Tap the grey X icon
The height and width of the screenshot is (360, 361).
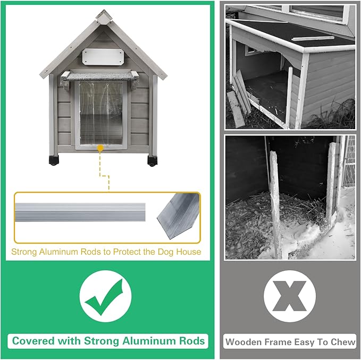pos(290,296)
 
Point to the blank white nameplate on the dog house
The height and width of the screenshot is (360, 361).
pos(103,57)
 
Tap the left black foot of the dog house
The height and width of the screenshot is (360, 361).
pos(54,160)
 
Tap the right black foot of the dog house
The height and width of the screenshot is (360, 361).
pos(153,161)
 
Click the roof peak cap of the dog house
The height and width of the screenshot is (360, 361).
pos(104,16)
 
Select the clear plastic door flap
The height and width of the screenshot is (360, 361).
pos(101,113)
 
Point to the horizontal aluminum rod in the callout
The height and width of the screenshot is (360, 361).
pos(80,212)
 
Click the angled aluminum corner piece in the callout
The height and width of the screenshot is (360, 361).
pos(179,216)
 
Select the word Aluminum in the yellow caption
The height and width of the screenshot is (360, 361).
pos(58,252)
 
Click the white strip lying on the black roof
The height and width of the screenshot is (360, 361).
pos(313,38)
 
